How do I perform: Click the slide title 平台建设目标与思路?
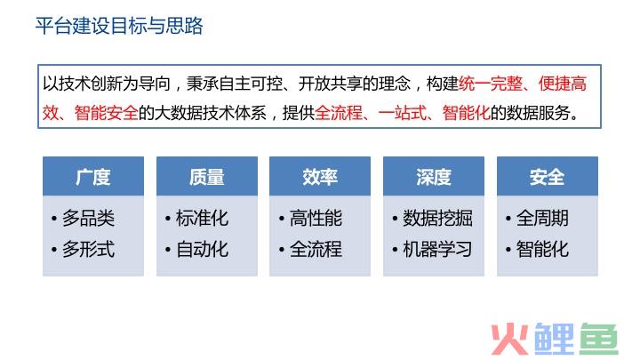coord(119,26)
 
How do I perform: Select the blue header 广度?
coord(93,177)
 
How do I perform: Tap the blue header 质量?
coord(207,177)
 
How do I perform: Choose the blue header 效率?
coord(320,177)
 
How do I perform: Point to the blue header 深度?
coord(434,177)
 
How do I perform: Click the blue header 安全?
coord(548,177)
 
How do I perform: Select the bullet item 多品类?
coord(89,218)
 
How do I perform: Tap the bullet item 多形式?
coord(89,249)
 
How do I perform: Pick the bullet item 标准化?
coord(202,218)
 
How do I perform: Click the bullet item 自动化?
coord(202,249)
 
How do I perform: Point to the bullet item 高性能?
coord(316,218)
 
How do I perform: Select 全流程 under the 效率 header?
coord(316,249)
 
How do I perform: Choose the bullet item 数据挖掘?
coord(437,218)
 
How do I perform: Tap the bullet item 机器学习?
coord(437,249)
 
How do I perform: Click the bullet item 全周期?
coord(542,218)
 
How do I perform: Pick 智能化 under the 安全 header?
coord(542,249)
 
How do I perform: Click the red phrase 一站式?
coord(402,113)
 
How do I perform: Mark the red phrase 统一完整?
coord(490,84)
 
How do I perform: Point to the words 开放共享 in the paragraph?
coord(330,84)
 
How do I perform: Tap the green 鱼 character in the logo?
coord(599,339)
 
